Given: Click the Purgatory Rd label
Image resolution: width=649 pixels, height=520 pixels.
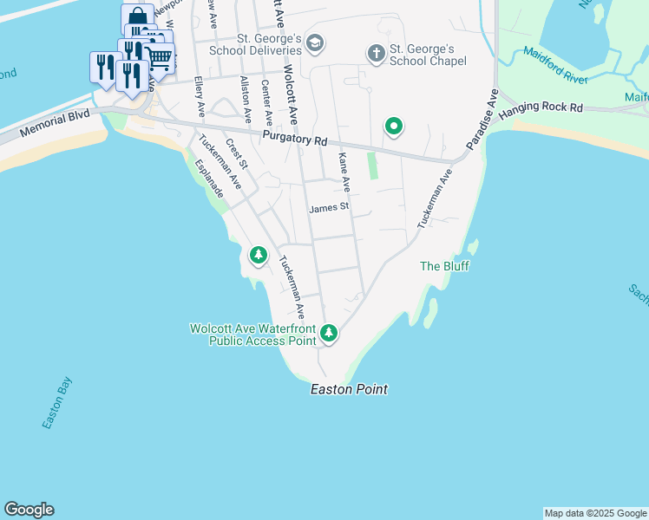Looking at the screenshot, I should tap(295, 140).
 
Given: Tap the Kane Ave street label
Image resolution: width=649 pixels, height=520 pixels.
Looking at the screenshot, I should tap(344, 172).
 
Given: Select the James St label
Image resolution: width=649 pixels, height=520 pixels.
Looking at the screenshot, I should tap(329, 207).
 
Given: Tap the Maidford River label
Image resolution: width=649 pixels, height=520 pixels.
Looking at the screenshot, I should tap(556, 65).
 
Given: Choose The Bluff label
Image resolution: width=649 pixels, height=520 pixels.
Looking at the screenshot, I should tap(444, 266).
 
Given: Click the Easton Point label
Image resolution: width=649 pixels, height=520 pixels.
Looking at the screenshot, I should tap(349, 390).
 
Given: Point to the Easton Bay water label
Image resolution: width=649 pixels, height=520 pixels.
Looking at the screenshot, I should tap(58, 402).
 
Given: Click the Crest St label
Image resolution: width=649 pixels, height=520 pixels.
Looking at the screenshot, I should tap(237, 153).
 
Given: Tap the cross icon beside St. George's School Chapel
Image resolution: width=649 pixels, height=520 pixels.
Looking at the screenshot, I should tap(376, 55).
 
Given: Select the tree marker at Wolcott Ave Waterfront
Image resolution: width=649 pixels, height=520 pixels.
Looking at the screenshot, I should tap(328, 333).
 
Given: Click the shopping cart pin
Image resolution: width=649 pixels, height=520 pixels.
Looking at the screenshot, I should tap(159, 59).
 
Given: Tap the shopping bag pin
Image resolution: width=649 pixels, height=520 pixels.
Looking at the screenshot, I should tap(137, 17).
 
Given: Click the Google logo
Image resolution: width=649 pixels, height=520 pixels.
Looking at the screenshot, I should tap(29, 510).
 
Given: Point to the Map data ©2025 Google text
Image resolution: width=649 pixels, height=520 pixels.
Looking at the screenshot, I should tap(595, 513).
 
